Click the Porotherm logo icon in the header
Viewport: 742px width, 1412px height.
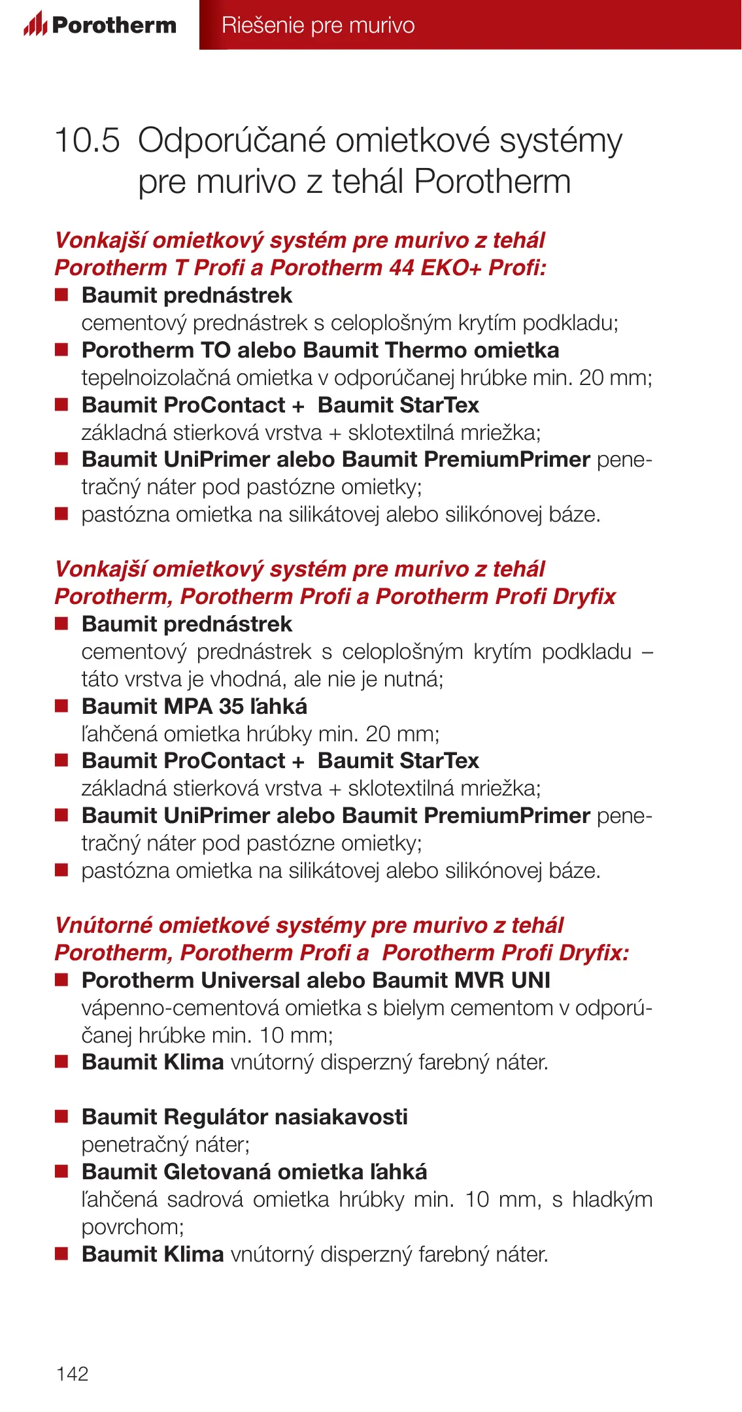35,24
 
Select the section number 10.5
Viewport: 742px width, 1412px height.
88,141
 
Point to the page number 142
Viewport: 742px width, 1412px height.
73,1373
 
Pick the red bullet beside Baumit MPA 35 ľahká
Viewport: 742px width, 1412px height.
61,706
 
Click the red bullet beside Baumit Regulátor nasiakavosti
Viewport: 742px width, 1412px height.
61,1117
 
